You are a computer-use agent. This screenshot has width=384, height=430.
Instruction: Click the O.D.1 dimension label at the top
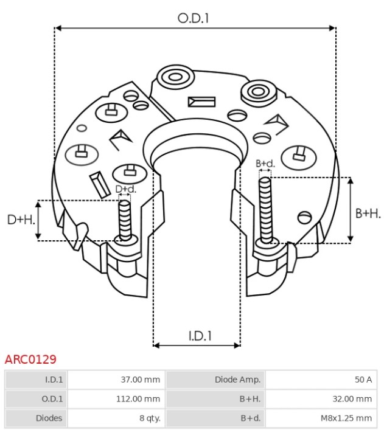pyautogui.click(x=194, y=18)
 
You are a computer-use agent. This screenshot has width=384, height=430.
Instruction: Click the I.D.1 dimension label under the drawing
pyautogui.click(x=200, y=336)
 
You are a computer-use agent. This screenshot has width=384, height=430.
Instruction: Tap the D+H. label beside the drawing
pyautogui.click(x=21, y=220)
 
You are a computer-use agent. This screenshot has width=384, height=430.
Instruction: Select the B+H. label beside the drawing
pyautogui.click(x=368, y=213)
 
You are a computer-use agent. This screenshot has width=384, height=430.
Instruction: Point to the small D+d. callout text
pyautogui.click(x=126, y=189)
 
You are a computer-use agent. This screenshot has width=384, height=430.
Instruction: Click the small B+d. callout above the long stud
pyautogui.click(x=265, y=164)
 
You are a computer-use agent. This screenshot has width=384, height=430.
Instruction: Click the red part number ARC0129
pyautogui.click(x=30, y=359)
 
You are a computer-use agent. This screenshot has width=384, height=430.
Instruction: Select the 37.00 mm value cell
pyautogui.click(x=116, y=380)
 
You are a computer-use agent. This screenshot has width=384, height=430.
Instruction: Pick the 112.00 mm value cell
pyautogui.click(x=116, y=399)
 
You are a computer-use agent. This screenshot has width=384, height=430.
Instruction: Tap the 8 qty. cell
pyautogui.click(x=116, y=418)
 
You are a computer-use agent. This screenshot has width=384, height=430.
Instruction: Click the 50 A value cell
pyautogui.click(x=321, y=380)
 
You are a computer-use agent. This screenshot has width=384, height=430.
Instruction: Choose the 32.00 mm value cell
pyautogui.click(x=321, y=399)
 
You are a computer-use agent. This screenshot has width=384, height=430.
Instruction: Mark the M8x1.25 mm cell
pyautogui.click(x=321, y=418)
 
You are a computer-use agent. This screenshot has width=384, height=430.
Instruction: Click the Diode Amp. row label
pyautogui.click(x=237, y=380)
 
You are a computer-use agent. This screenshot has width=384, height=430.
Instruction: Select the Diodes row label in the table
pyautogui.click(x=49, y=418)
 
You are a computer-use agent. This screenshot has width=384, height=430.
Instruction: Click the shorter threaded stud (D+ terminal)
pyautogui.click(x=125, y=221)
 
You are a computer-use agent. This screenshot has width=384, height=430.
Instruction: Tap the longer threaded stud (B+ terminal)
pyautogui.click(x=265, y=210)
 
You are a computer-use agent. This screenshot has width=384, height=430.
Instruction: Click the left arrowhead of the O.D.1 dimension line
pyautogui.click(x=58, y=28)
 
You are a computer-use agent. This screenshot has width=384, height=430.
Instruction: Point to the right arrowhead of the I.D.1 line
pyautogui.click(x=237, y=345)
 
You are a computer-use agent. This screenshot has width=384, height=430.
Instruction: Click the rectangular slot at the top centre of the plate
pyautogui.click(x=202, y=102)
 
